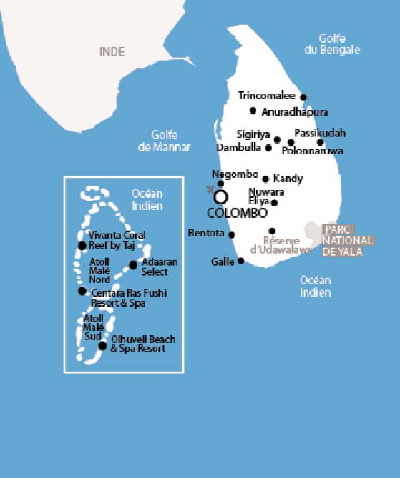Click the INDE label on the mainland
coord(112,51)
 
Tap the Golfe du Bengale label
coord(338,44)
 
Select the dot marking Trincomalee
coord(303,97)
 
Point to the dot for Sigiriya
coord(277,139)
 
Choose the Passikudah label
coord(320,133)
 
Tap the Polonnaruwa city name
coord(313,151)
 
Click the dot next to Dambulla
coord(268,149)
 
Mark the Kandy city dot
coord(265,179)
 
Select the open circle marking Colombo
coord(221,196)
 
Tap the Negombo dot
coord(220,184)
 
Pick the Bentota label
coord(206,233)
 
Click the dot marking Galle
coord(241,261)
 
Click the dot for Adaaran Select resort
coord(133,265)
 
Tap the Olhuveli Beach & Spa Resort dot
coord(102,346)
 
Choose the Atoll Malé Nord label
coord(99,270)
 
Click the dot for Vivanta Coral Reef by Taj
coord(82,246)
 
